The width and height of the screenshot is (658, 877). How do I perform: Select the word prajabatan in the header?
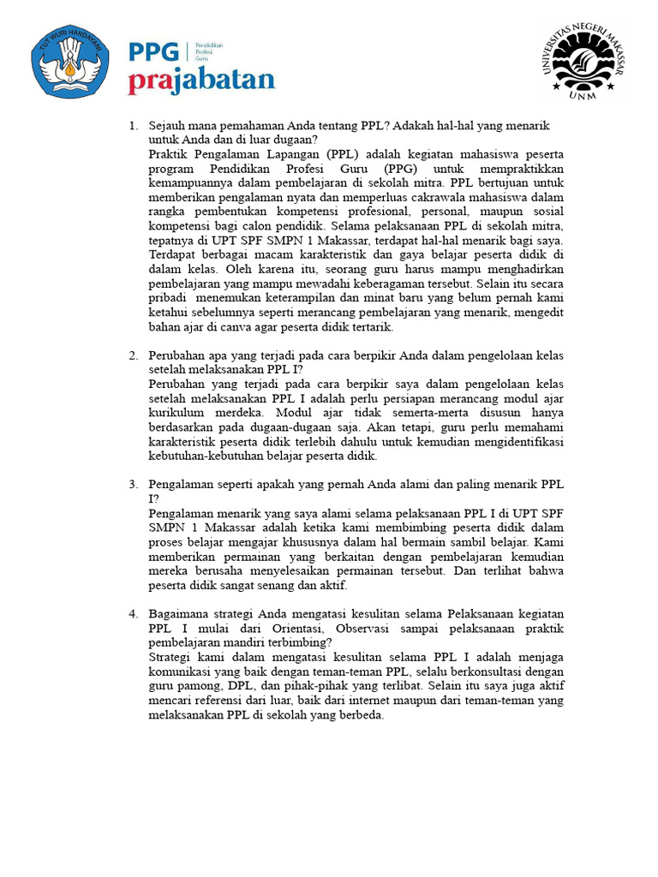point(202,81)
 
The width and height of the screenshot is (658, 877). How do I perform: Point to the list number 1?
point(133,126)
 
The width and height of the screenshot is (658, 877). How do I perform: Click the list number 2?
point(133,355)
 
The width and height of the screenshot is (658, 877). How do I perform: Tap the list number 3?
point(133,484)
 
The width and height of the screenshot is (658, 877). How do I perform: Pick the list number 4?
point(133,614)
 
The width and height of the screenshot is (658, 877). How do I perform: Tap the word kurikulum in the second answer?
point(176,412)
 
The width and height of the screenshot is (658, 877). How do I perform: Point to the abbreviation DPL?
point(234,686)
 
